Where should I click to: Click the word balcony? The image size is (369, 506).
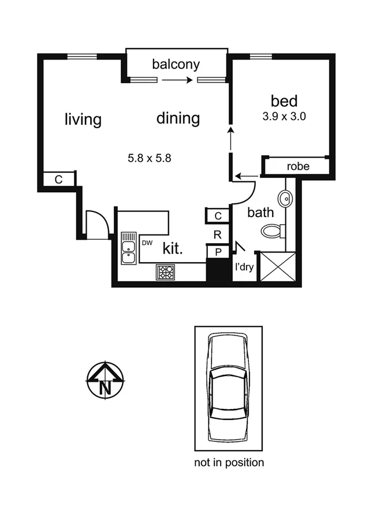176,64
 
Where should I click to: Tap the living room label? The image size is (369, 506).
83,120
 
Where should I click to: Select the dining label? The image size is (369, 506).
178,118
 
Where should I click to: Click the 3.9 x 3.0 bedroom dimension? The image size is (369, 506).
284,116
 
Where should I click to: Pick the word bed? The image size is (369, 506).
284,101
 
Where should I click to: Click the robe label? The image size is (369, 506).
298,167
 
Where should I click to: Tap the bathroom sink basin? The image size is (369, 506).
286,198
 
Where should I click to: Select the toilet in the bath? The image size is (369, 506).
273,232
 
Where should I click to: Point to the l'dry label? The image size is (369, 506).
243,267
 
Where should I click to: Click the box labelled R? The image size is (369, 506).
217,235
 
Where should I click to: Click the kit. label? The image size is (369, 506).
173,250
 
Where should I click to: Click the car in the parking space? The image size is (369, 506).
228,389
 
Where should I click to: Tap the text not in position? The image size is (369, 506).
228,462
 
